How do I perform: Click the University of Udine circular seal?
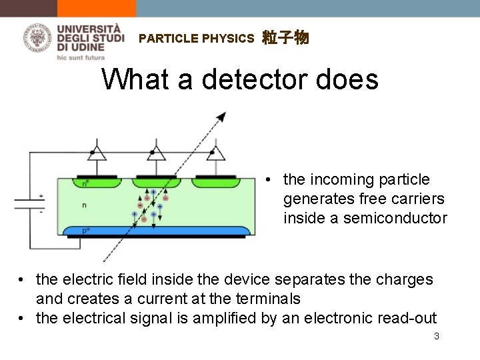39,37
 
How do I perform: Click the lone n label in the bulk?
83,205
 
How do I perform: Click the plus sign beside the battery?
41,196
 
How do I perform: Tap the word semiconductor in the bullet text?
395,218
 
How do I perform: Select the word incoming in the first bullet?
348,179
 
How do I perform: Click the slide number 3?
436,337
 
